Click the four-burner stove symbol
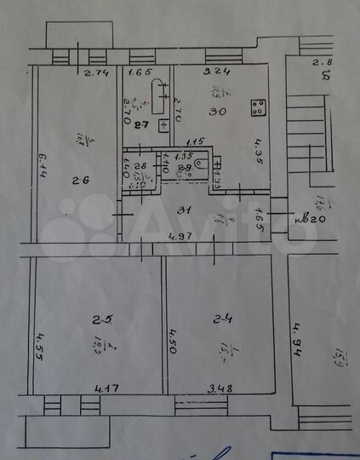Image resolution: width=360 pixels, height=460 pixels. (255, 108)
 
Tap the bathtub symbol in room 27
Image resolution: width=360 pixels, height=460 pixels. (159, 95)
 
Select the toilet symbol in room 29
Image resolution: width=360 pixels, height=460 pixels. (202, 162)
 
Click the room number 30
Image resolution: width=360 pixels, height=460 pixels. (219, 111)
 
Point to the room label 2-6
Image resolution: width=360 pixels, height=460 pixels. (80, 180)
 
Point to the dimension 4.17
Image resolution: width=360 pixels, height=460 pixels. (106, 389)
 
